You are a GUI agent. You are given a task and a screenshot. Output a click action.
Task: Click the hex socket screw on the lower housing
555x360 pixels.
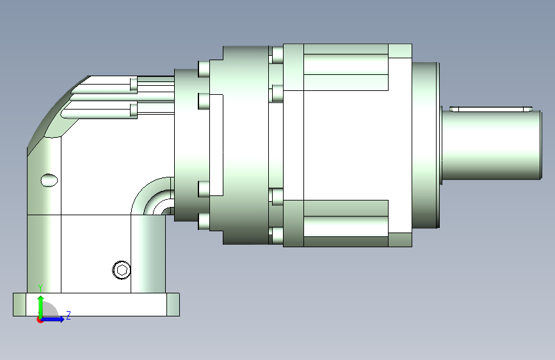[x=122, y=270]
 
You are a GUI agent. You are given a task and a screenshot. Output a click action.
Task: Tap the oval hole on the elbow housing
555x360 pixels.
[x=49, y=181]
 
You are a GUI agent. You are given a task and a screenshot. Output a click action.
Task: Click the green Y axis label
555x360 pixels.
[x=40, y=288]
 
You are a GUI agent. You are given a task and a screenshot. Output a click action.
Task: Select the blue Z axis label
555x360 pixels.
[x=68, y=315]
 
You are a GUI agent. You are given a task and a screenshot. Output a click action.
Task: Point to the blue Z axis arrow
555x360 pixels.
[x=52, y=319]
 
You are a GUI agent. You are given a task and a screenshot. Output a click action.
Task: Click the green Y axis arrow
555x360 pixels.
[x=41, y=307]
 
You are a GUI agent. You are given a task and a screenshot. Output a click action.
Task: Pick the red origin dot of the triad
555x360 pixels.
[x=40, y=320]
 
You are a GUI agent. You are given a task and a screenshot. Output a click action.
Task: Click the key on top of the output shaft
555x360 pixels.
[x=491, y=109]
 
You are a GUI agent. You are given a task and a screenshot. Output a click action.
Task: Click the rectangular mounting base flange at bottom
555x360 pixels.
[x=96, y=304]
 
